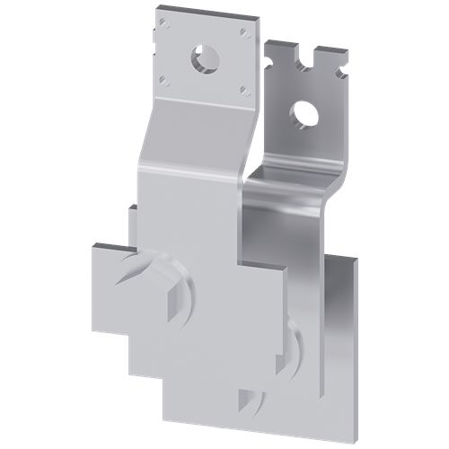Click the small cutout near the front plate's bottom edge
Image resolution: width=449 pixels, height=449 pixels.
click(251, 399)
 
